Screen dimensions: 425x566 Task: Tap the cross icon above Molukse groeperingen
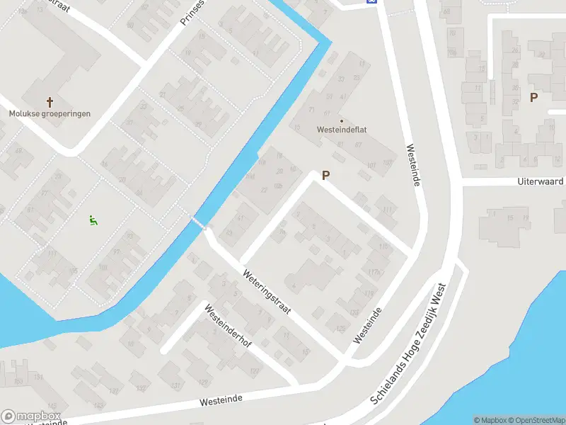[x=50, y=101]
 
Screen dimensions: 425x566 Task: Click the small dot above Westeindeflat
[x=342, y=120]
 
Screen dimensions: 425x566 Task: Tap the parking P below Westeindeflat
[x=326, y=175]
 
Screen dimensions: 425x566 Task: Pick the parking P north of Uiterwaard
[x=533, y=98]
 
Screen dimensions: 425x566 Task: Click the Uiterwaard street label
[x=541, y=182]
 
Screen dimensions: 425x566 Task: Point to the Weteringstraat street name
[x=266, y=292]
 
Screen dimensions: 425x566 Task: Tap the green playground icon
[x=92, y=220]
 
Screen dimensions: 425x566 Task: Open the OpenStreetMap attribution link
[x=534, y=420]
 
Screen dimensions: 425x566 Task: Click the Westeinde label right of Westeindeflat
[x=414, y=166]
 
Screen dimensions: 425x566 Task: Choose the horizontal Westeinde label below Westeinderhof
[x=221, y=400]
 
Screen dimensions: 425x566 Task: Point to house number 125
[x=341, y=328]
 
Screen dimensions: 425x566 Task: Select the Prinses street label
[x=192, y=13]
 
